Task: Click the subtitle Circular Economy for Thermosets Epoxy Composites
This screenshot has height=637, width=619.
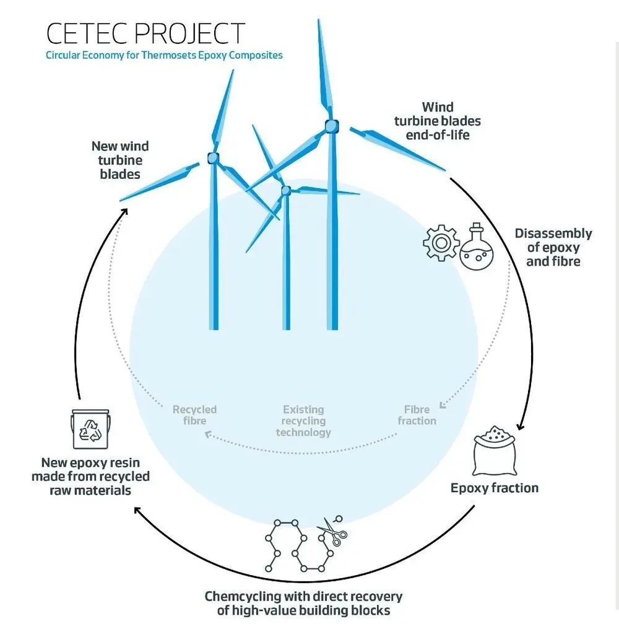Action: (x=164, y=55)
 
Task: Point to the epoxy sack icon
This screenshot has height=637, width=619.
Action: (x=495, y=451)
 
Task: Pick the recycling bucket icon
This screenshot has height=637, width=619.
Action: (x=90, y=429)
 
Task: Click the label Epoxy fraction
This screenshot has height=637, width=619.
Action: (x=494, y=488)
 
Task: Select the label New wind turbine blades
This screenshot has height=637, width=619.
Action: (x=120, y=160)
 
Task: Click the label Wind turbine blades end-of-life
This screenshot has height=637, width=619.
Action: (x=438, y=121)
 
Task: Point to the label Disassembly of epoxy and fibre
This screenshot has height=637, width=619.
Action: (x=553, y=247)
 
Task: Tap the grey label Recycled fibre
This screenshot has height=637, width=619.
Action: (x=194, y=415)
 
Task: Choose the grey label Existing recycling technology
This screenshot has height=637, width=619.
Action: (x=303, y=421)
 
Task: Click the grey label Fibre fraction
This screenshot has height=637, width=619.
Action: (x=417, y=415)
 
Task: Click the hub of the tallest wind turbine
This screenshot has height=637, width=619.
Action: (x=332, y=126)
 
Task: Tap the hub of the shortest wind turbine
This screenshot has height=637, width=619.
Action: (x=285, y=191)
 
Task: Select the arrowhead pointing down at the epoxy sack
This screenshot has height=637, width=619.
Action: (x=522, y=427)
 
